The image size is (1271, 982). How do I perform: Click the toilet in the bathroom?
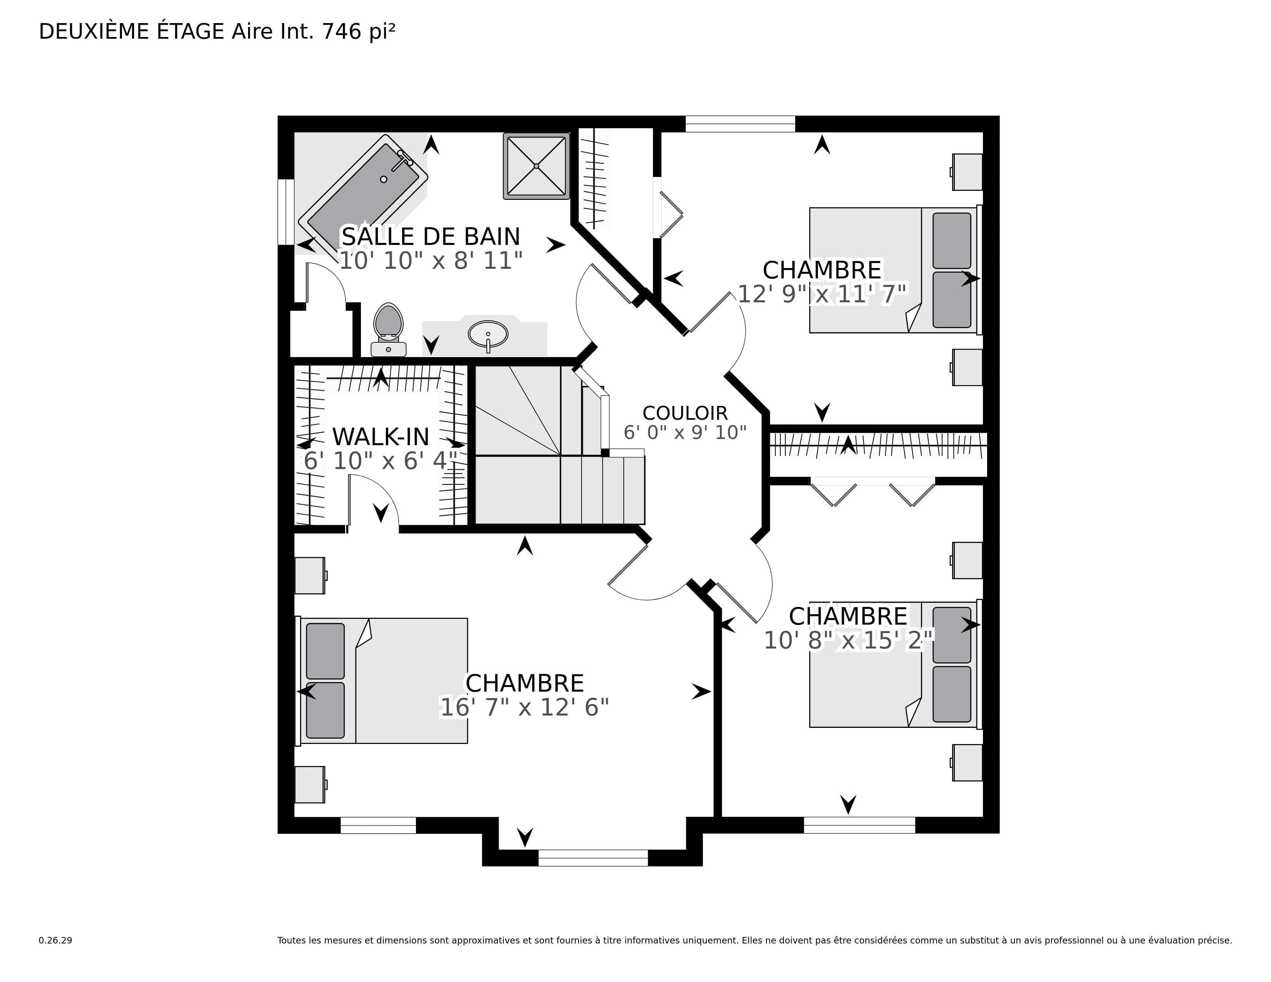pyautogui.click(x=388, y=329)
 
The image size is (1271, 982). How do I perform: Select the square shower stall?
pyautogui.click(x=536, y=166)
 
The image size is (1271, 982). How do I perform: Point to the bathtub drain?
pyautogui.click(x=384, y=179)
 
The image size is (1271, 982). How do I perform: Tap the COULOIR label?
pyautogui.click(x=685, y=413)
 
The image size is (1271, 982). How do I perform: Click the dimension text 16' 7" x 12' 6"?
pyautogui.click(x=524, y=708)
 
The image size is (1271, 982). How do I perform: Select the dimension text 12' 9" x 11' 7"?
pyautogui.click(x=822, y=294)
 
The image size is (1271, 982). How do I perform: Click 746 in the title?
pyautogui.click(x=342, y=32)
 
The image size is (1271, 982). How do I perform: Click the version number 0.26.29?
pyautogui.click(x=55, y=940)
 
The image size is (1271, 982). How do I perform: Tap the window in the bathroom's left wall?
pyautogui.click(x=286, y=212)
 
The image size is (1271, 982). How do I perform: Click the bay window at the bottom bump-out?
pyautogui.click(x=593, y=858)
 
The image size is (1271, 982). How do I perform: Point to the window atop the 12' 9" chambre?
pyautogui.click(x=740, y=124)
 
